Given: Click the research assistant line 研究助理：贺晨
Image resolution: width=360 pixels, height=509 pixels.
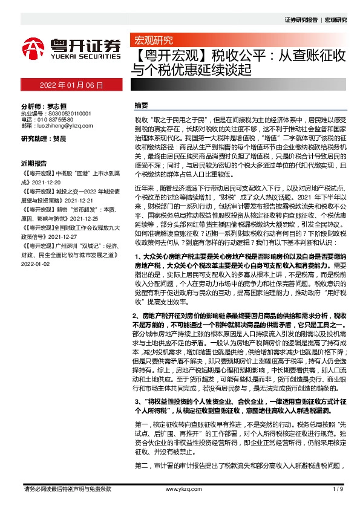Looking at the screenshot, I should (x=44, y=138).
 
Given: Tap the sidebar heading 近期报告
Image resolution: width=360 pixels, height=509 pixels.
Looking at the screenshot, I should (x=34, y=163).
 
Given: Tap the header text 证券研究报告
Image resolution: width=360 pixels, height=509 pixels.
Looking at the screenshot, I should (x=301, y=20).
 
